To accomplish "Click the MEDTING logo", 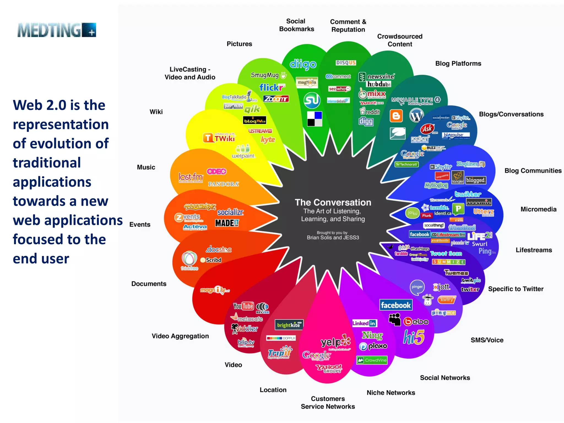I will [x=57, y=30].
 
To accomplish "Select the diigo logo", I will [x=303, y=64].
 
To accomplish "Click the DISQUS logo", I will [x=346, y=63].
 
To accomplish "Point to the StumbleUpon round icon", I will [x=312, y=100].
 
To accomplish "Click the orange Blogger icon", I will [x=396, y=116].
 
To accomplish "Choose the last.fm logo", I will [x=191, y=177].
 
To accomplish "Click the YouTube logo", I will [x=243, y=306].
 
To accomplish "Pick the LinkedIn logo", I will [x=364, y=323].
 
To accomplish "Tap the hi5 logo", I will [x=414, y=337].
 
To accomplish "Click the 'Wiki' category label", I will [x=156, y=112].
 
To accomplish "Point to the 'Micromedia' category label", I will [x=538, y=209].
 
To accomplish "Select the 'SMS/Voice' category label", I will [x=487, y=340].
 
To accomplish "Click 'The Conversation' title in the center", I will [x=333, y=202].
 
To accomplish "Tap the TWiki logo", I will [x=219, y=138].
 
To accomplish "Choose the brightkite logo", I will [x=289, y=325].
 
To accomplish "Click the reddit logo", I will [x=370, y=112].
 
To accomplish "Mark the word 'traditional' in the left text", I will [x=47, y=163].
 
